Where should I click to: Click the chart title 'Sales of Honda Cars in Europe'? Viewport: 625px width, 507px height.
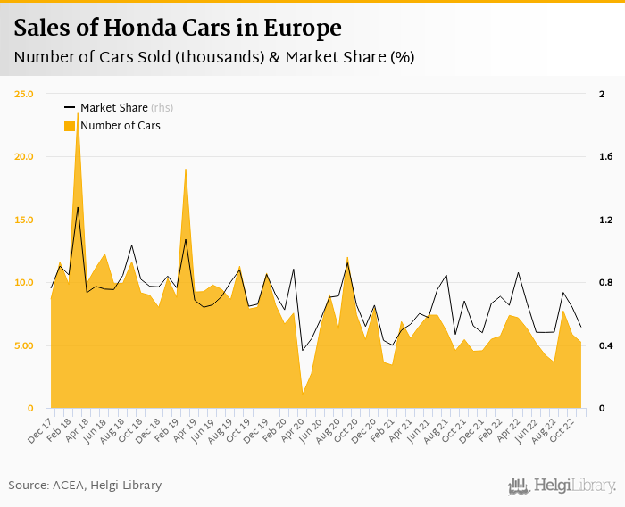click(x=178, y=28)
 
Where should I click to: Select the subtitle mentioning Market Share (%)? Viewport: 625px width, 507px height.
click(x=214, y=57)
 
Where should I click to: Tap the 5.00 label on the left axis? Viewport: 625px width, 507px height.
click(x=23, y=345)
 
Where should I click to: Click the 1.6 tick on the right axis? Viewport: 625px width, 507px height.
click(x=605, y=157)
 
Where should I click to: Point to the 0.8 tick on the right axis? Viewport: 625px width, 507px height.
click(x=605, y=283)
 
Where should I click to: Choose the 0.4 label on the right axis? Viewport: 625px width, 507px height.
click(x=605, y=345)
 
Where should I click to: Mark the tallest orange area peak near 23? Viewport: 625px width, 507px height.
click(x=78, y=114)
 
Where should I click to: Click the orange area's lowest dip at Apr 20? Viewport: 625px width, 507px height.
click(x=303, y=393)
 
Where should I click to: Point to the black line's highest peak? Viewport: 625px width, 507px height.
click(x=78, y=207)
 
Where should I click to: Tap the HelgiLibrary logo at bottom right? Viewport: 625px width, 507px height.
click(x=562, y=486)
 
